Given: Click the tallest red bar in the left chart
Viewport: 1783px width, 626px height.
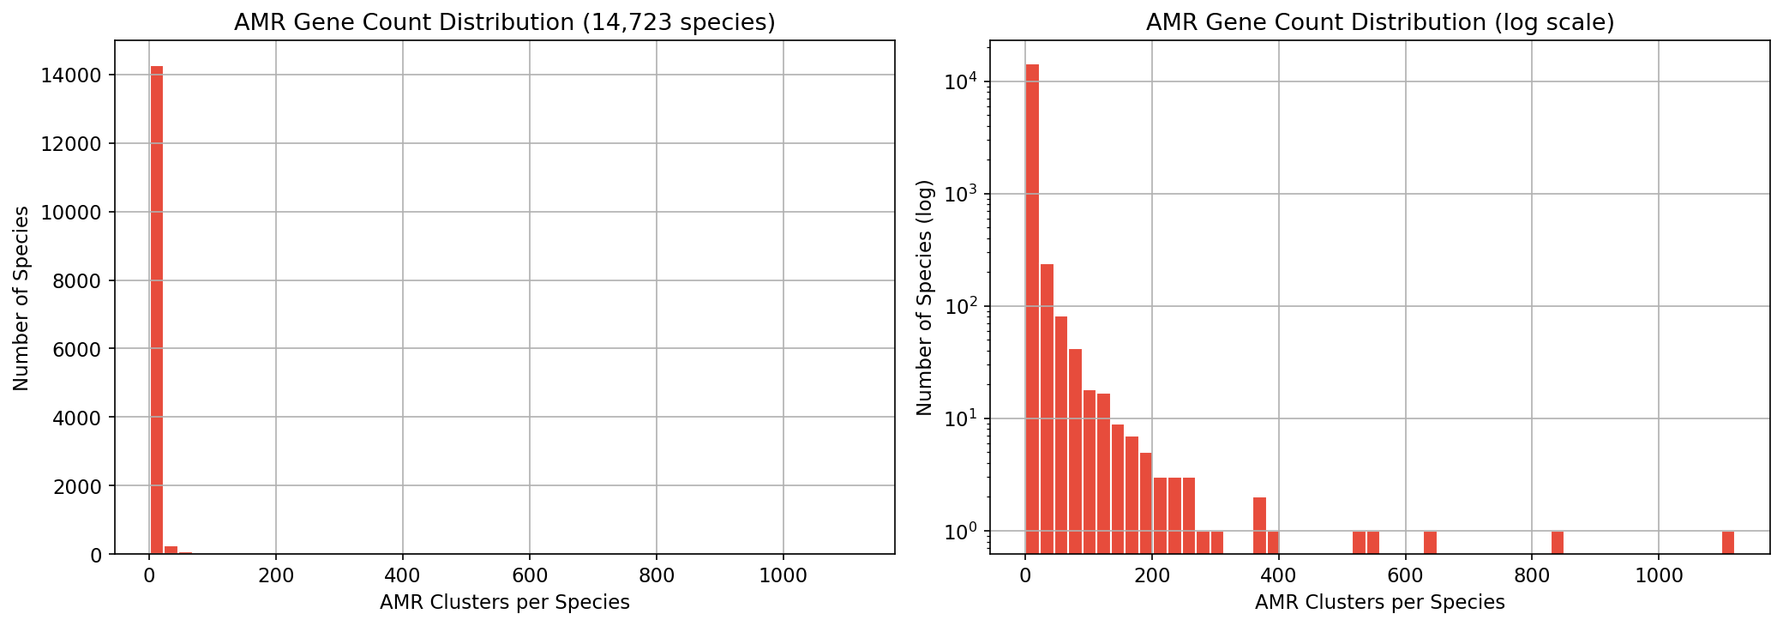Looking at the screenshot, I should [157, 309].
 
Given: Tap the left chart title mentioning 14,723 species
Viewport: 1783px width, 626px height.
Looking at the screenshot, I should [504, 22].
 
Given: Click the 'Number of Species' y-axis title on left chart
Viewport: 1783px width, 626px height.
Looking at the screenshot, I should [21, 298].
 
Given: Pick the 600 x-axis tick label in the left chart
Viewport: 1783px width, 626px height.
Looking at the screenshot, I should [529, 575].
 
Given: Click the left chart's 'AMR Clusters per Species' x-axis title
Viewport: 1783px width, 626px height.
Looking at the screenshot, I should [504, 603].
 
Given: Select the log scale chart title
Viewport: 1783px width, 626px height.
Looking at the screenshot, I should [1379, 22].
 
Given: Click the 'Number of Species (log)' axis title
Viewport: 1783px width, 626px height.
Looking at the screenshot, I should [924, 298].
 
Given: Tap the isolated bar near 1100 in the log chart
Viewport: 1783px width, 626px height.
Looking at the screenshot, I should [1727, 543].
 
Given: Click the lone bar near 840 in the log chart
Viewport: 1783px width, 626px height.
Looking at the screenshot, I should [1557, 543].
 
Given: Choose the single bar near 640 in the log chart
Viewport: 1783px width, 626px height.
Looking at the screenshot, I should [1430, 543].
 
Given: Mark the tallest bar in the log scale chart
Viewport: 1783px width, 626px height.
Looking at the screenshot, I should [1032, 309].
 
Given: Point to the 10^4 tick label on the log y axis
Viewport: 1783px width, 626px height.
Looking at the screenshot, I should [960, 82].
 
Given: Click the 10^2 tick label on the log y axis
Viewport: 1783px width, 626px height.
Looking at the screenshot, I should [960, 307].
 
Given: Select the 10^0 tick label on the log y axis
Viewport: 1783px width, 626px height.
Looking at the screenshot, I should [960, 532].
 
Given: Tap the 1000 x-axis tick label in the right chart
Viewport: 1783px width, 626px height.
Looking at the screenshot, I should [1658, 575].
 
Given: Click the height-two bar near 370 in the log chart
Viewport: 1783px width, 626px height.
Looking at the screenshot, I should [1259, 526].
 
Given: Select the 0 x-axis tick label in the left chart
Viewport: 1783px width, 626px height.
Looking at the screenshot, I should [149, 575].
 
